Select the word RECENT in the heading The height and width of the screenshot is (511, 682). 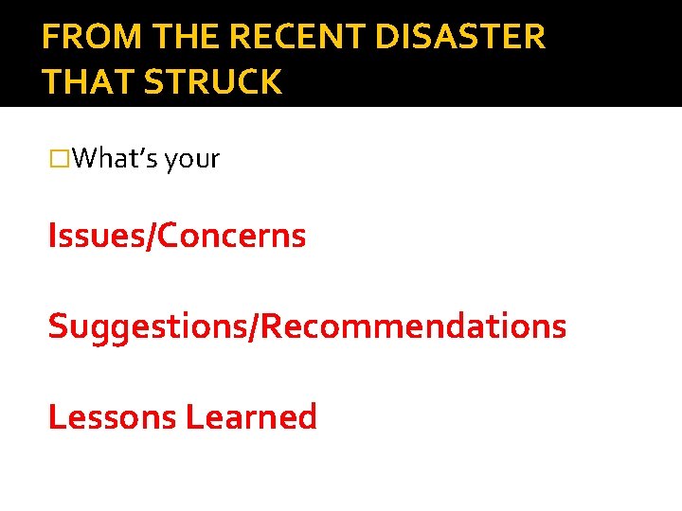tap(297, 37)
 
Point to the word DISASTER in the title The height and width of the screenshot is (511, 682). tap(460, 37)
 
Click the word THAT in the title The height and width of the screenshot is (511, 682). tap(87, 82)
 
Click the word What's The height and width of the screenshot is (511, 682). tap(115, 159)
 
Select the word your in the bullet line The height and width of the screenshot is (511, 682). tap(192, 159)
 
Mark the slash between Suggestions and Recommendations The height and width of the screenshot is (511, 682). tap(254, 326)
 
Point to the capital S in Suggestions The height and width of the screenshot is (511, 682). tap(57, 326)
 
